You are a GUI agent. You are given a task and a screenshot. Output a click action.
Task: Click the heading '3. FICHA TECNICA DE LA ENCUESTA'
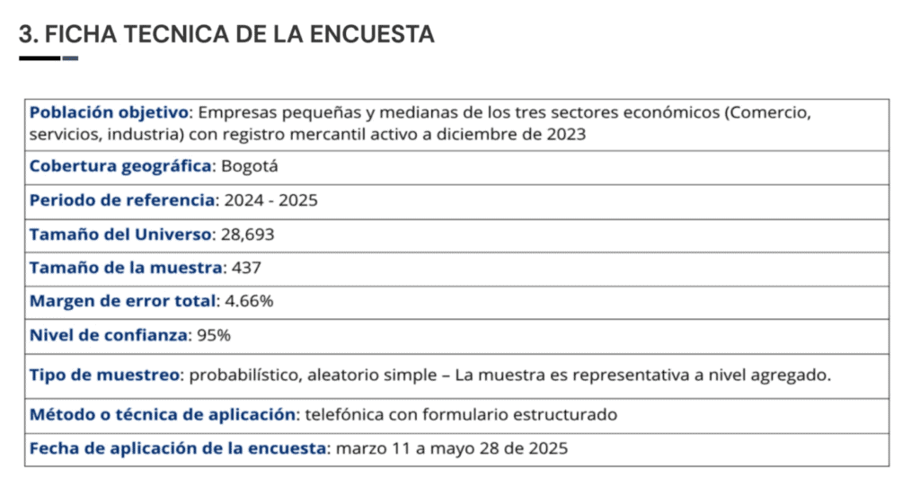tap(226, 34)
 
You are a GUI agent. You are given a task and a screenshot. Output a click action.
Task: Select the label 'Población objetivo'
tap(110, 113)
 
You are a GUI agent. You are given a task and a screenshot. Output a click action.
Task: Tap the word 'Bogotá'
tap(249, 166)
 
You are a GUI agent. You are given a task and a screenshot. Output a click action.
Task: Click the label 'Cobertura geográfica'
tap(120, 166)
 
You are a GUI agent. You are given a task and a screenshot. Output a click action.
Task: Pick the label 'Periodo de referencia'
tap(122, 200)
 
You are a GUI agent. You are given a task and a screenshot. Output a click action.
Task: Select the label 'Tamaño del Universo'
tap(120, 234)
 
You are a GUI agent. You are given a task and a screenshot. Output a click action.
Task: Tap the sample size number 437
tap(245, 268)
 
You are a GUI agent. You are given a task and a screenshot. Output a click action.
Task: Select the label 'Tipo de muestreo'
tap(104, 375)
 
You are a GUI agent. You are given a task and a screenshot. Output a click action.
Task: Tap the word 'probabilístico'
tap(244, 375)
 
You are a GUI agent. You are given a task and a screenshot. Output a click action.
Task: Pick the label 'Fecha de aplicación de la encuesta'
tap(177, 448)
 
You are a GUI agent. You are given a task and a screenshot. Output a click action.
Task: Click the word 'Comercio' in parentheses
tap(770, 113)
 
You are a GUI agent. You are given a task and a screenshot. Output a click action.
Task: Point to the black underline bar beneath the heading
tap(40, 58)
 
